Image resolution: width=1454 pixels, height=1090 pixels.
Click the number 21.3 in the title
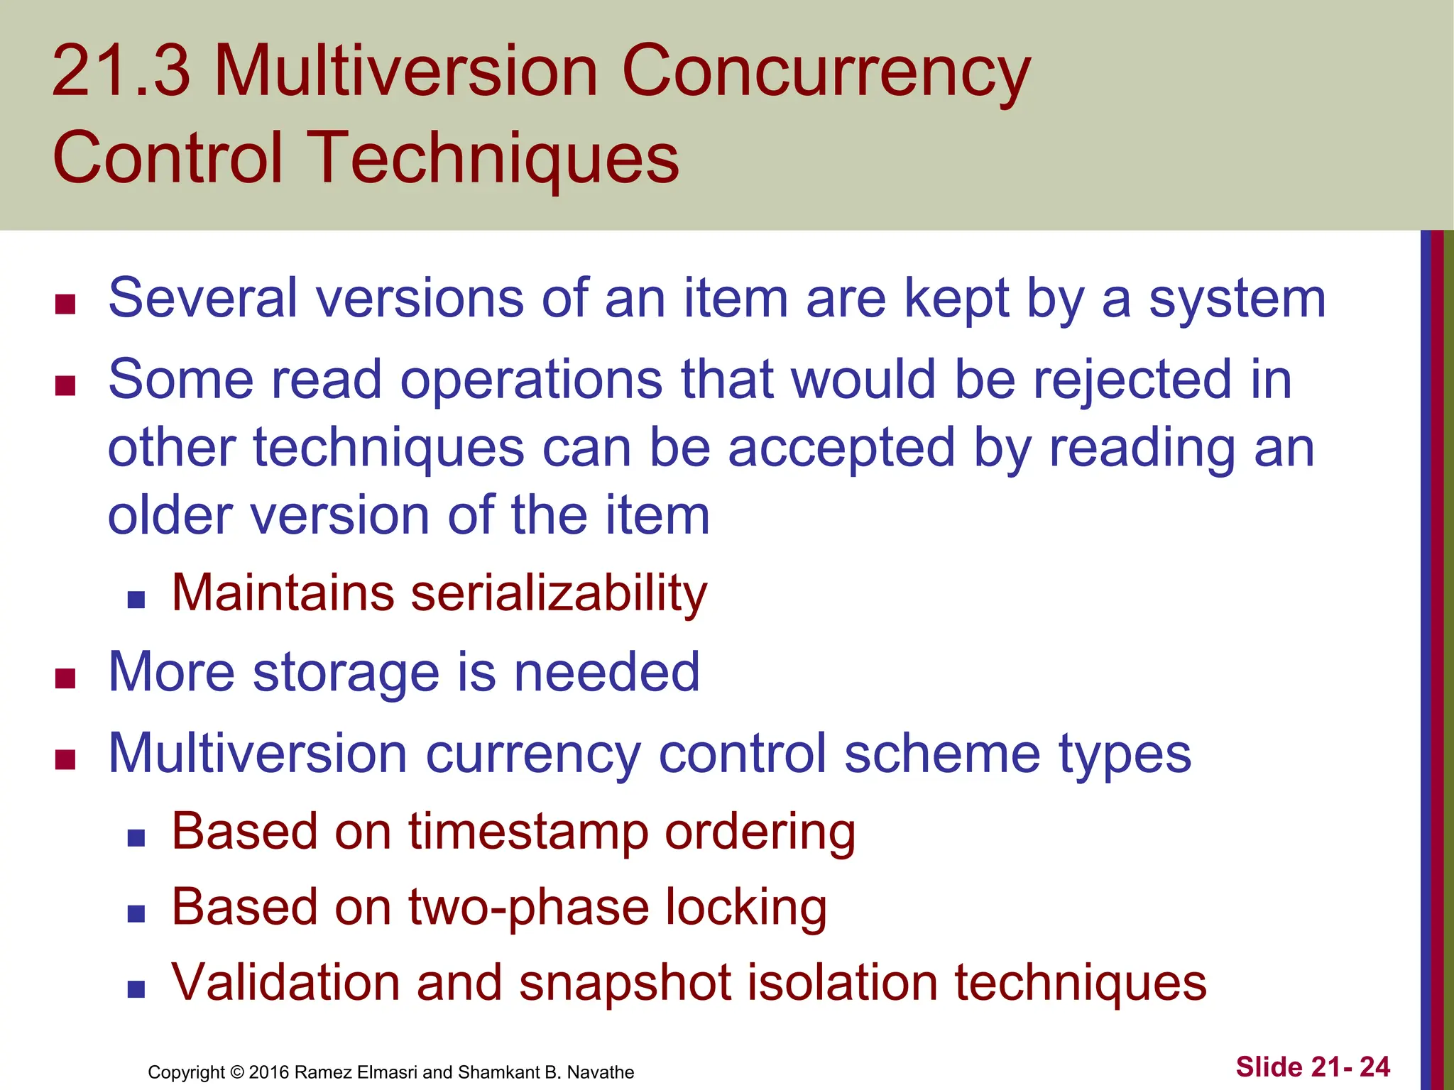(121, 71)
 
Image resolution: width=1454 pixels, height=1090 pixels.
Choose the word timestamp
(528, 832)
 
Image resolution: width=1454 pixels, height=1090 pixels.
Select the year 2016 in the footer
(268, 1072)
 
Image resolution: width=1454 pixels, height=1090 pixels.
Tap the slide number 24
(1374, 1067)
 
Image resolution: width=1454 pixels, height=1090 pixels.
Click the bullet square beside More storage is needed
(65, 679)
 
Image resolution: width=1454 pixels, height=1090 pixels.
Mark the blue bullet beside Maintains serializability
(136, 600)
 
